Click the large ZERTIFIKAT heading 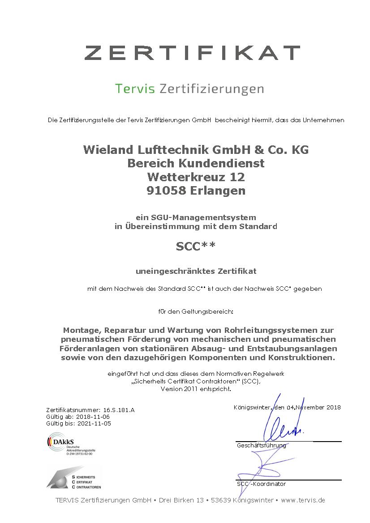click(192, 52)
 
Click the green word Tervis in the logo click(134, 89)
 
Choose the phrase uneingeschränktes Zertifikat click(196, 271)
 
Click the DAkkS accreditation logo click(68, 444)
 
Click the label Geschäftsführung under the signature click(261, 446)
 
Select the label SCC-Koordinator click(261, 484)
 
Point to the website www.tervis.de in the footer click(303, 500)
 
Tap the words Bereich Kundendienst click(196, 164)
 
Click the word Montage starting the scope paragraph click(81, 331)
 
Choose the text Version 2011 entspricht click(196, 389)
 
